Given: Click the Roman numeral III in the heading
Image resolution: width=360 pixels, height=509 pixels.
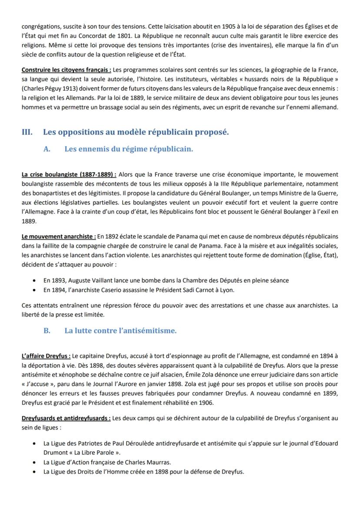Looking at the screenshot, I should [x=27, y=132].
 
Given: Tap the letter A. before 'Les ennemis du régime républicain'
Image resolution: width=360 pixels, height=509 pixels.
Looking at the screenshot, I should [x=47, y=149].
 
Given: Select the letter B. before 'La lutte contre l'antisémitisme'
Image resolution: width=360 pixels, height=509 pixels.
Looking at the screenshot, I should [x=47, y=331].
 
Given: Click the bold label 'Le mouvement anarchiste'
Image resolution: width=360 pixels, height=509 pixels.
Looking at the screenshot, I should [x=58, y=236].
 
